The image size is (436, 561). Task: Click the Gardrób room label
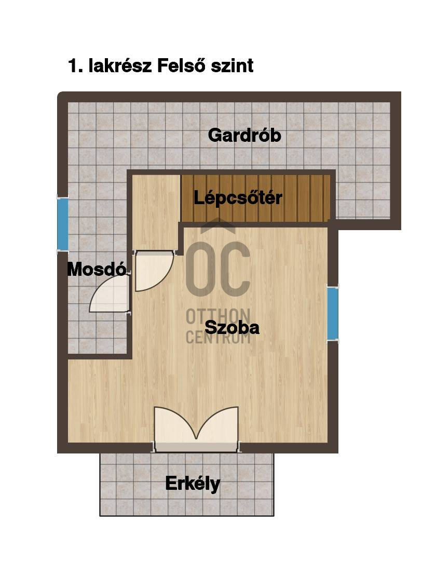[x=244, y=136]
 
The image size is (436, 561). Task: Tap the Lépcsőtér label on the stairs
[x=238, y=198]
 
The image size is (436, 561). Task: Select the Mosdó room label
[x=97, y=269]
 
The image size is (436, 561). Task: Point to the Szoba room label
[x=232, y=328]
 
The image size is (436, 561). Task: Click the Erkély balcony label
[x=193, y=484]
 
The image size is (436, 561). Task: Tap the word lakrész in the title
[x=120, y=66]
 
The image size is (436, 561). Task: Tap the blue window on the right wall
[x=333, y=313]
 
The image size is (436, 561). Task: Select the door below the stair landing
[x=152, y=270]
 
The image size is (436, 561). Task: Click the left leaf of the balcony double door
[x=174, y=423]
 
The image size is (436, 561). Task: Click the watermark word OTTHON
[x=218, y=315]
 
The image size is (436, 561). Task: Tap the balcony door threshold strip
[x=196, y=447]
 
